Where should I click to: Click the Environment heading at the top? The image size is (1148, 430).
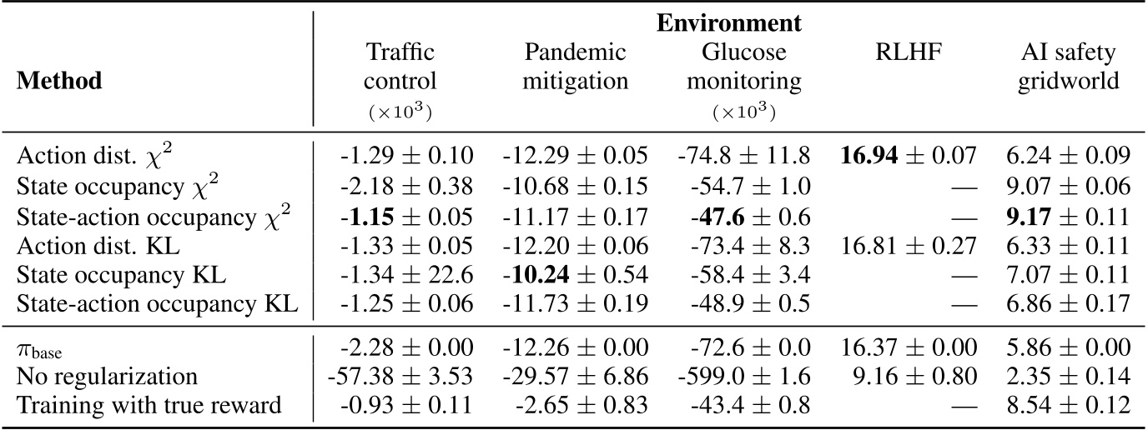[x=729, y=22]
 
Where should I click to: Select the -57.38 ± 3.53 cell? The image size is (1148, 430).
[x=406, y=377]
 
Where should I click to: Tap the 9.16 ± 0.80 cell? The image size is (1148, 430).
[x=909, y=377]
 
